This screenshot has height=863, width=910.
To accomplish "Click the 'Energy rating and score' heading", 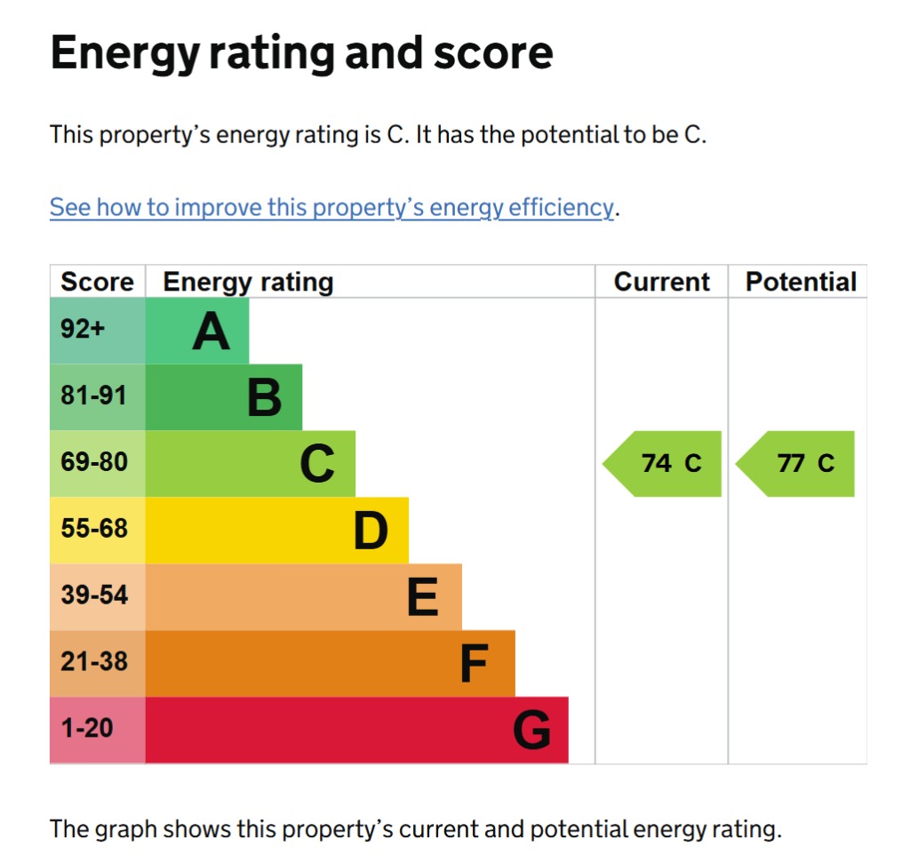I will pos(302,52).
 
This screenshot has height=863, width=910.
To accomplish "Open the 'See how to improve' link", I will pos(331,208).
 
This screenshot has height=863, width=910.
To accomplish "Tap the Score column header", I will pos(97,282).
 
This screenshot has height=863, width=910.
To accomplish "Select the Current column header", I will pos(661,282).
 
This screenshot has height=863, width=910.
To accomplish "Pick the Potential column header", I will pos(801,282).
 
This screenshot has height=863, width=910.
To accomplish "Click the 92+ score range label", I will pos(83,330).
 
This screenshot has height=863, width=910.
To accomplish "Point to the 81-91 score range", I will pos(93,396).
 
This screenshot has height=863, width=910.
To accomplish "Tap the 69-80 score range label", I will pos(93,462).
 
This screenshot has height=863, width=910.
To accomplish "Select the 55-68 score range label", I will pos(93,529).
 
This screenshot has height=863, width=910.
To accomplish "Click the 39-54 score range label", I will pos(93,595).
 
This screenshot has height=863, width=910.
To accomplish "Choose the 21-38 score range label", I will pos(93,662).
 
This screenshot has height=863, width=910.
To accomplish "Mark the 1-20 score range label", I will pos(87,729).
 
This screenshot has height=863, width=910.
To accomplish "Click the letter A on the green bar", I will pos(211,332).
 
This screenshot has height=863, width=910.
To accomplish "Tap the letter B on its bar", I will pos(264,397).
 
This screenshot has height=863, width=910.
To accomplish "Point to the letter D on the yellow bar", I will pos(371,531).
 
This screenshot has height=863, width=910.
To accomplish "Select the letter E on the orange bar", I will pos(423,597).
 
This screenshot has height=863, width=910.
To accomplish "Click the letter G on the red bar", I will pos(531,731).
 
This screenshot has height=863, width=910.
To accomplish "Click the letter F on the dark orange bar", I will pos(475,664).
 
